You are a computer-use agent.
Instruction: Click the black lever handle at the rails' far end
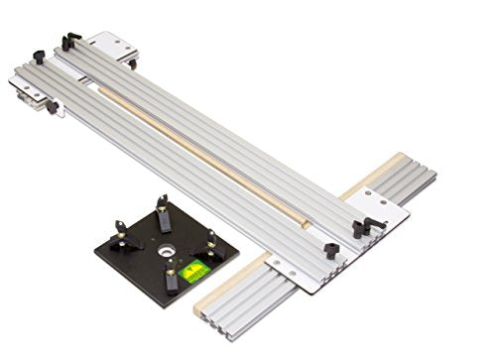69,41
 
